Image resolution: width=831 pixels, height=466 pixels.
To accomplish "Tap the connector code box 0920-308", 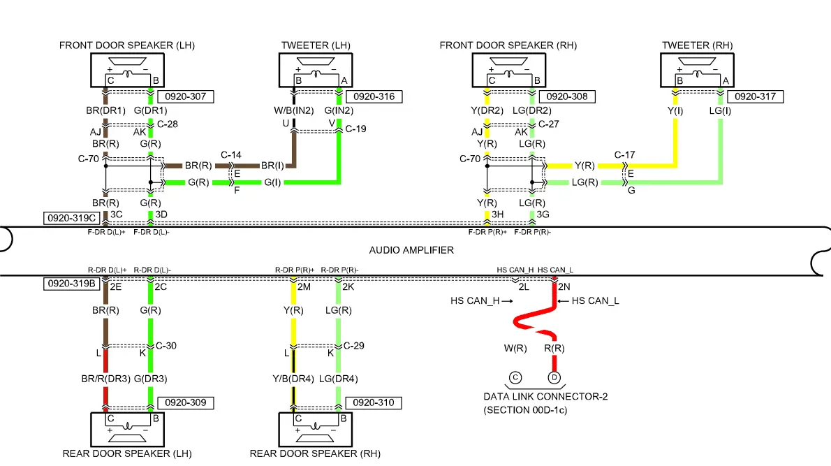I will pos(566,96).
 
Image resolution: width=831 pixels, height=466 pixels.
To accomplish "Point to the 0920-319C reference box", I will pos(71,217).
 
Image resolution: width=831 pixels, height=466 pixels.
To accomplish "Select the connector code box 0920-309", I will pos(185,403).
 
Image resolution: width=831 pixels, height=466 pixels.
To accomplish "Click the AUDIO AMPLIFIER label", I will pos(411,249).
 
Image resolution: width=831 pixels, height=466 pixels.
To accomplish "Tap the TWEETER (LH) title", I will pos(316,45).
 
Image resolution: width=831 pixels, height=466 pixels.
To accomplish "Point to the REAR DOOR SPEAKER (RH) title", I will pos(315,453).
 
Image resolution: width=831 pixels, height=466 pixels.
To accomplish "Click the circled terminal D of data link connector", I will pos(554,378).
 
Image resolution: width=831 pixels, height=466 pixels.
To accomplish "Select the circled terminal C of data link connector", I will pos(515,378).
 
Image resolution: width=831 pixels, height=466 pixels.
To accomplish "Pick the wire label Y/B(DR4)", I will pos(291,379).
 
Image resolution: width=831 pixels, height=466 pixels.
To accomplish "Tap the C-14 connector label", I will pos(231,154).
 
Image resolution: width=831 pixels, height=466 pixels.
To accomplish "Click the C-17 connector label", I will pos(624,154).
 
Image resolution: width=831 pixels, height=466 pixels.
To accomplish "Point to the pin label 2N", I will pos(564,287).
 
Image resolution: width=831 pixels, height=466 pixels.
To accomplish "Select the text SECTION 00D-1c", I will pos(525,410).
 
